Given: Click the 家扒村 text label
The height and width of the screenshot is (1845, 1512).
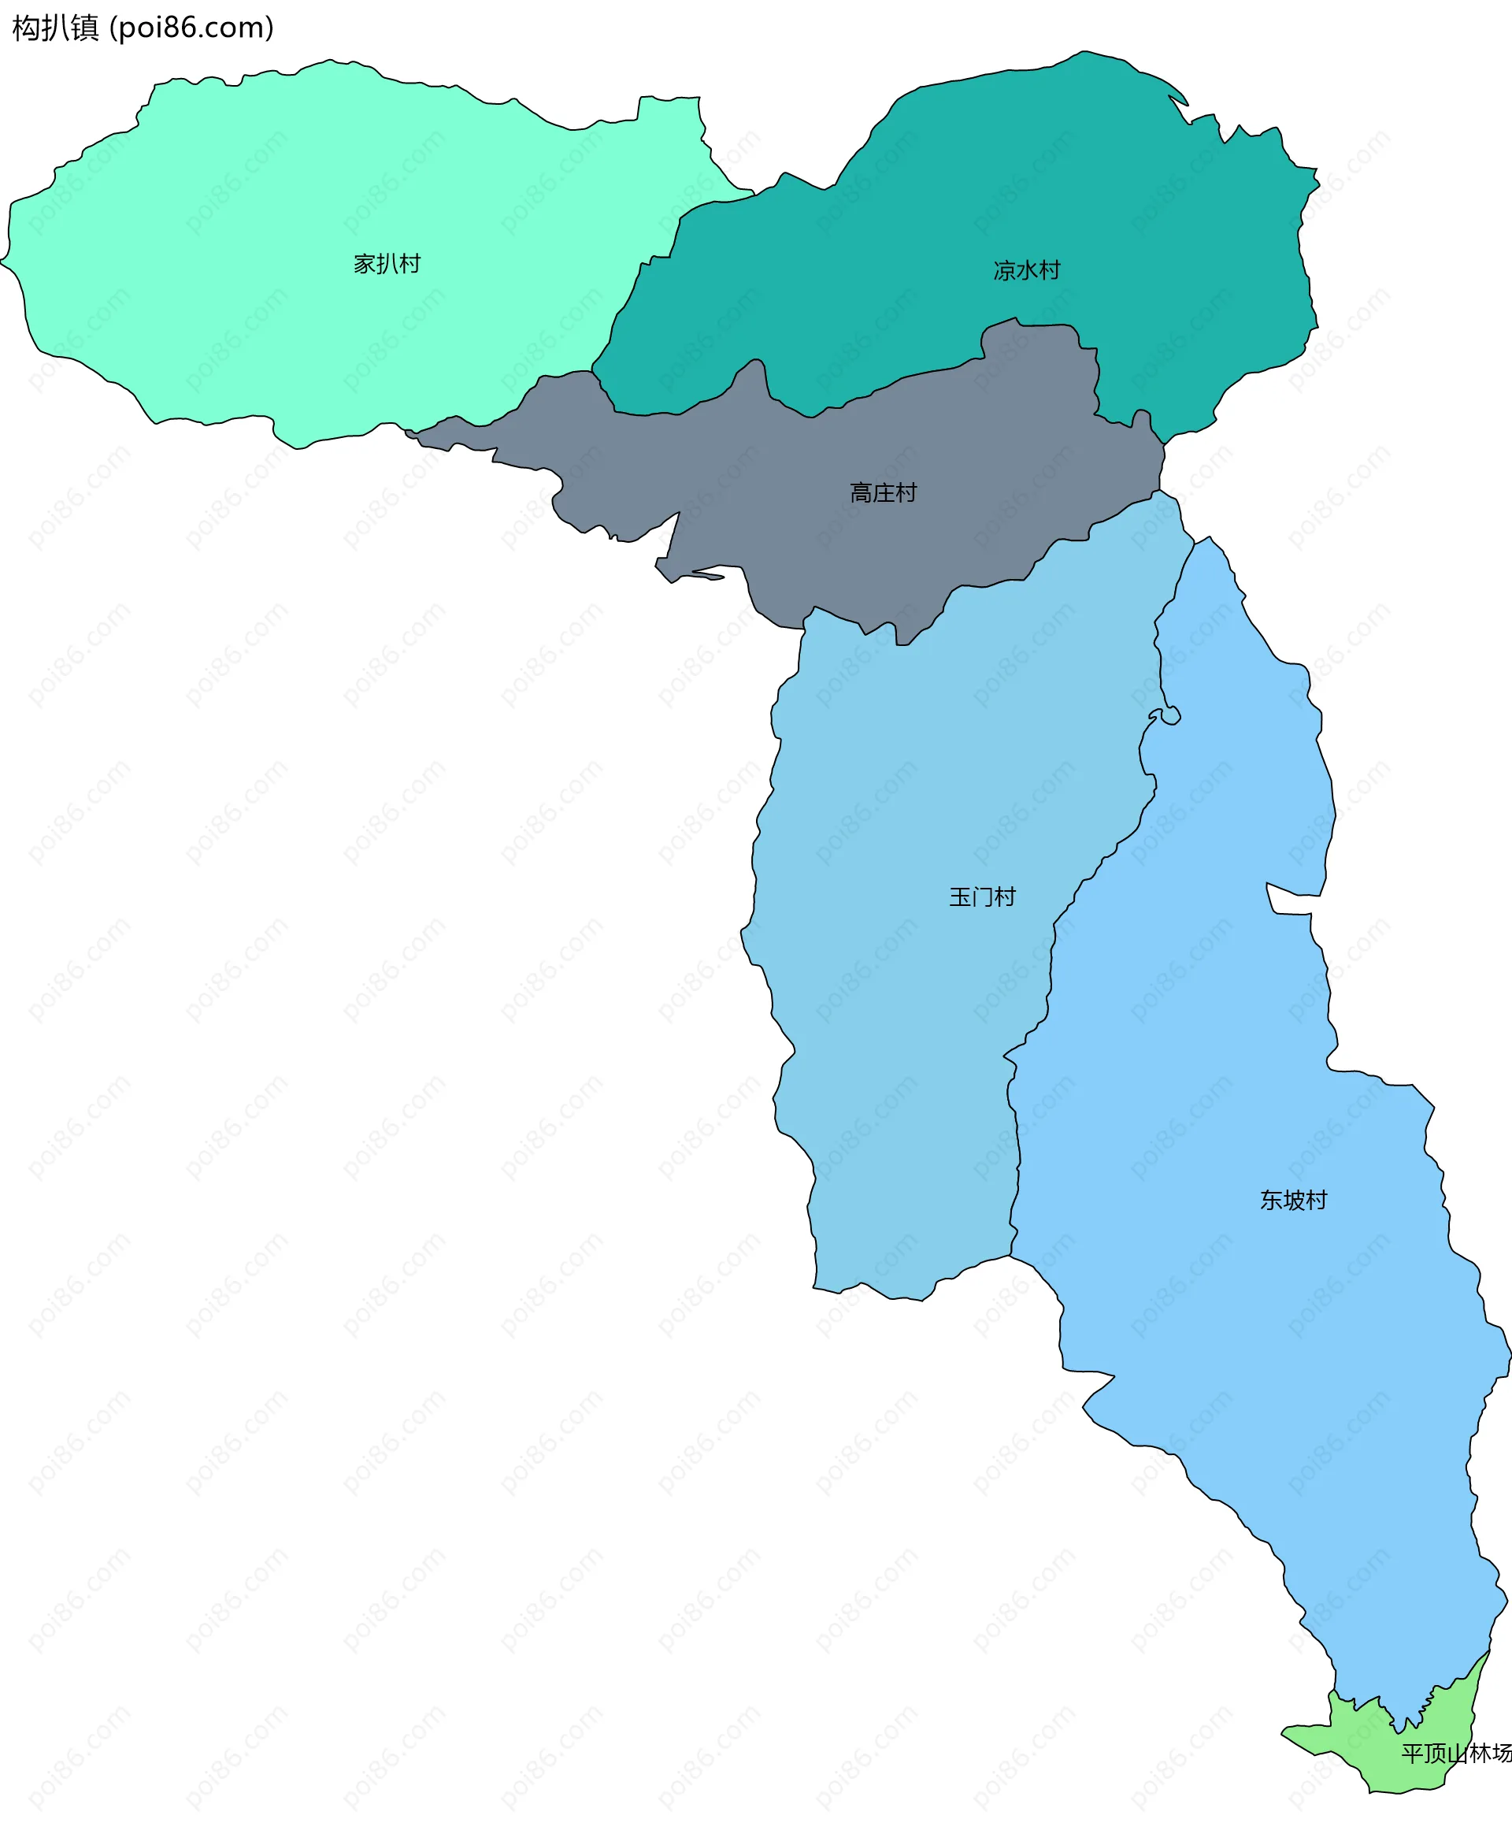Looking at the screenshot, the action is (387, 263).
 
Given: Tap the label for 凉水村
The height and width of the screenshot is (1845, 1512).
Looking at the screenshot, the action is (1027, 270).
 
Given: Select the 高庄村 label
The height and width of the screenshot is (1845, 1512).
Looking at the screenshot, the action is (883, 493).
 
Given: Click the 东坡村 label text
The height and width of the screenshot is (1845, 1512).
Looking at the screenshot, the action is (1293, 1200).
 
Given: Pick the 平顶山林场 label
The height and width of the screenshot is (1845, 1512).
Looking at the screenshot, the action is (1455, 1753).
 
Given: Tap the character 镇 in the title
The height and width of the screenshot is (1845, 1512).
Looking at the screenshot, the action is (84, 28).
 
